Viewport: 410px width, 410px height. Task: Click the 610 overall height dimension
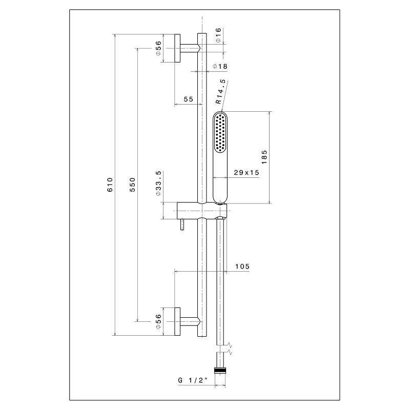pyautogui.click(x=110, y=184)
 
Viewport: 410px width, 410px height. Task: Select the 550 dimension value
pyautogui.click(x=133, y=184)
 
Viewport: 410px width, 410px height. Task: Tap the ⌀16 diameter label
pyautogui.click(x=218, y=35)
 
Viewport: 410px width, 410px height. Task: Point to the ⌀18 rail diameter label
pyautogui.click(x=220, y=67)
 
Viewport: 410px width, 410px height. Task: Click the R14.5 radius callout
pyautogui.click(x=220, y=92)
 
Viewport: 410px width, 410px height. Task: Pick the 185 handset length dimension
pyautogui.click(x=264, y=157)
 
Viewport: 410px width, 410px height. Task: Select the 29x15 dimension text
pyautogui.click(x=247, y=173)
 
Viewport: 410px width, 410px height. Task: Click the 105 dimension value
pyautogui.click(x=242, y=266)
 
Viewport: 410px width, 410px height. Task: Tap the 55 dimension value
pyautogui.click(x=188, y=99)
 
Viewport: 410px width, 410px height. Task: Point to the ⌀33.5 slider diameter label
pyautogui.click(x=158, y=183)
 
